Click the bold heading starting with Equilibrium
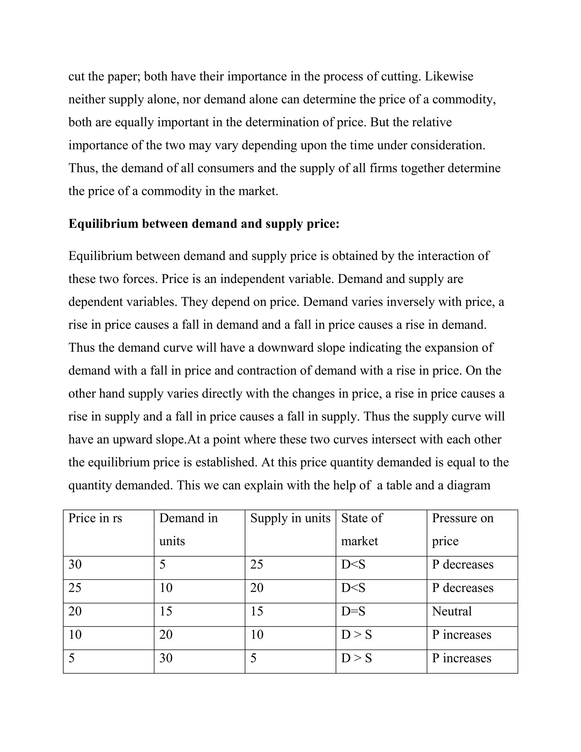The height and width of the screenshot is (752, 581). click(x=204, y=224)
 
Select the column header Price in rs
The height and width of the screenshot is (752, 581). click(x=95, y=518)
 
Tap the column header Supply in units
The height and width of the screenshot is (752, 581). click(x=290, y=518)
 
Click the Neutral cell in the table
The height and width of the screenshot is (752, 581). click(x=452, y=611)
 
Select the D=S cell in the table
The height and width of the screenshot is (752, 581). click(x=353, y=611)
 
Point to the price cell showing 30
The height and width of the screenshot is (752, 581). click(x=75, y=564)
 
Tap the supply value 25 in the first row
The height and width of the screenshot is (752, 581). click(x=256, y=564)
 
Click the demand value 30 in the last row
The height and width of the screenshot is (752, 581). click(x=166, y=658)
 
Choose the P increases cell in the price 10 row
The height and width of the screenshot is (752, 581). click(x=461, y=635)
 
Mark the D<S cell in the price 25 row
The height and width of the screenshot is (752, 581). click(x=353, y=588)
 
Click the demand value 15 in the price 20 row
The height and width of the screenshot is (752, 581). click(x=166, y=611)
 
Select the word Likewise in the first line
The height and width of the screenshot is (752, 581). click(x=449, y=76)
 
